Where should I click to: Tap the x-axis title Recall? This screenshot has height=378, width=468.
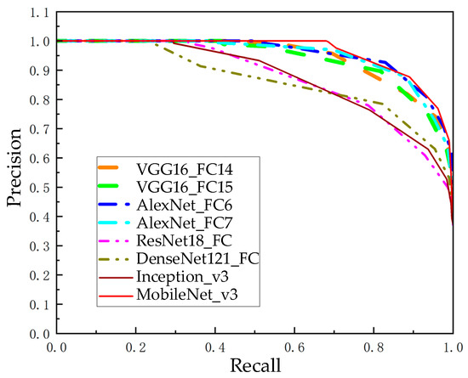(x=254, y=365)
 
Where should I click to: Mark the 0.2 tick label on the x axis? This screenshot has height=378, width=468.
(x=136, y=347)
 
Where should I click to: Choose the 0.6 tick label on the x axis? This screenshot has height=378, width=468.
(x=294, y=347)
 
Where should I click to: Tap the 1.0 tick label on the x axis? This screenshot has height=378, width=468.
(x=453, y=347)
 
